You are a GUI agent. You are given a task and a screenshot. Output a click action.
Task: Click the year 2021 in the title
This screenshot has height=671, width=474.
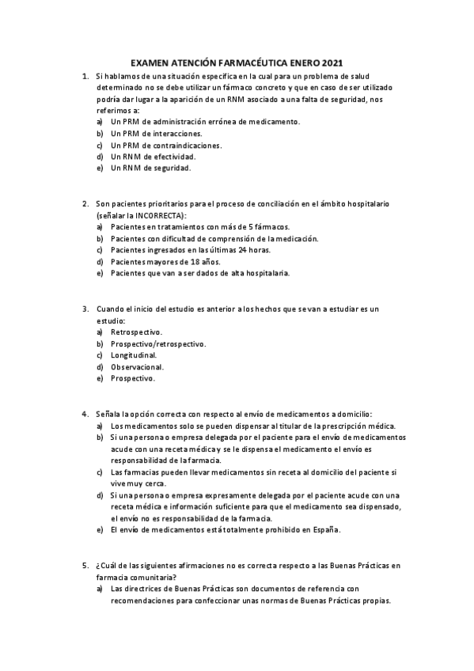click(x=333, y=62)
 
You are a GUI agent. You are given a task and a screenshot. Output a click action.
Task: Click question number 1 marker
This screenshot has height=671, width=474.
click(x=85, y=75)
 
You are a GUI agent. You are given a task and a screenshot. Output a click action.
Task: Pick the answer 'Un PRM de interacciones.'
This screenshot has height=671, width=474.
click(x=156, y=134)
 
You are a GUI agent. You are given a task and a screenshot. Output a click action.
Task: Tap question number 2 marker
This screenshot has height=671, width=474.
click(x=85, y=203)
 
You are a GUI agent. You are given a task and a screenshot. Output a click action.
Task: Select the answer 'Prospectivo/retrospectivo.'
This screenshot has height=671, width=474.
click(x=158, y=343)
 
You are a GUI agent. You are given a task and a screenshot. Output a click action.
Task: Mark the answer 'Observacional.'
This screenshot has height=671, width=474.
click(x=138, y=367)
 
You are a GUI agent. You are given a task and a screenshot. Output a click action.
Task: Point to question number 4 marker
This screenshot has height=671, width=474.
click(x=85, y=414)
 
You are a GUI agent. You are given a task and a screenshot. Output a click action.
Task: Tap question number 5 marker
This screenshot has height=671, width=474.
click(x=85, y=566)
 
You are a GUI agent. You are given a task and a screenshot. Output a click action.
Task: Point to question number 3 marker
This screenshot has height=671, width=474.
click(x=85, y=308)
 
